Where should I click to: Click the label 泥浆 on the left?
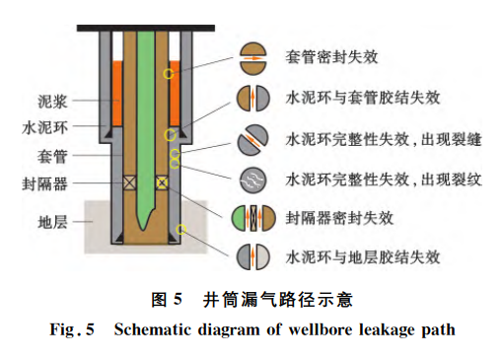point(52,102)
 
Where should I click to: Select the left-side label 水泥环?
point(45,127)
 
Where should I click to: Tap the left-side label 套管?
point(52,156)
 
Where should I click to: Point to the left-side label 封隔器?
point(45,183)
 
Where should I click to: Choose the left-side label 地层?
point(52,223)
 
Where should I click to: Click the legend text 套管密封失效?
point(331,57)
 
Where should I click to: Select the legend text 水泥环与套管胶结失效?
point(363,98)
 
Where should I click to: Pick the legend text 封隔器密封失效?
point(339,218)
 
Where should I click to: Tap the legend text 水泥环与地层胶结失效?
point(363,257)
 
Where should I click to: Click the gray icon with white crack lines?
point(252,180)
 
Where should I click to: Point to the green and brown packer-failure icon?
point(253,218)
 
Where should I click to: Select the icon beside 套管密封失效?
point(252,58)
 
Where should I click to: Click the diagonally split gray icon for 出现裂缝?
point(252,140)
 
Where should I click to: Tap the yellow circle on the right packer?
point(162,182)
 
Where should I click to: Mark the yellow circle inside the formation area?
point(180,229)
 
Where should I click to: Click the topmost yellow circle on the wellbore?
point(169,74)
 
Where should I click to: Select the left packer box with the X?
point(129,182)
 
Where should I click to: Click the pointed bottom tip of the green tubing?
point(143,230)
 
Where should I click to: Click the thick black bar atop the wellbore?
point(146,29)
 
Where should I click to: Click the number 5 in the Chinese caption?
point(178,300)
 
